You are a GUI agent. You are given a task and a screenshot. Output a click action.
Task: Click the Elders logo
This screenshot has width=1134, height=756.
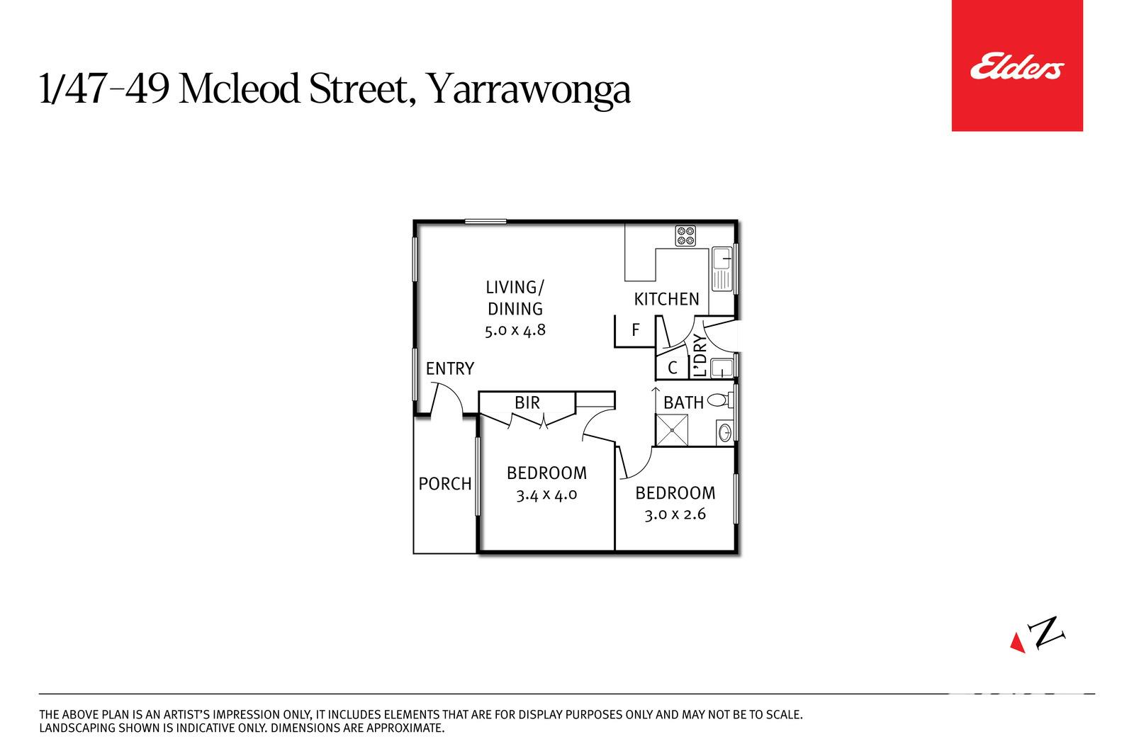[x=1017, y=66]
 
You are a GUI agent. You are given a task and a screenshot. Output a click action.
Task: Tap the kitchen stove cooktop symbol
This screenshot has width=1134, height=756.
[x=685, y=236]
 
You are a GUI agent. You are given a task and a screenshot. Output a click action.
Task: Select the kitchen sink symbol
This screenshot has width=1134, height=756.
[x=722, y=269]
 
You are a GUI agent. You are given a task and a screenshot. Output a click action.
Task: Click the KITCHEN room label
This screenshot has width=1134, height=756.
[x=666, y=299]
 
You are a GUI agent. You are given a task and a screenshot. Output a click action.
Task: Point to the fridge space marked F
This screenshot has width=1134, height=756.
[x=635, y=330]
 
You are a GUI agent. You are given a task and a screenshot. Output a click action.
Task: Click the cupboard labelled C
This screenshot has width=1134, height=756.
[x=673, y=368]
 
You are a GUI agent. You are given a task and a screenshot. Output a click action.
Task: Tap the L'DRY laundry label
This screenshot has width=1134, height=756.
[x=699, y=355]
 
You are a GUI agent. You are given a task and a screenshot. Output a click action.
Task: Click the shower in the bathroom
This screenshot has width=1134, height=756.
[x=672, y=430]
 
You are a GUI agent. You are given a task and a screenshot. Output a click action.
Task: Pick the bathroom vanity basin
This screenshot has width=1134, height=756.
[x=725, y=433]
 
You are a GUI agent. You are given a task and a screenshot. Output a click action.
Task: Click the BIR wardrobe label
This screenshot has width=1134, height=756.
[x=527, y=402]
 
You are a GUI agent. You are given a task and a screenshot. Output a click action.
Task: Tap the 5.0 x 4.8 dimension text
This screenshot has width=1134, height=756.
[x=515, y=330]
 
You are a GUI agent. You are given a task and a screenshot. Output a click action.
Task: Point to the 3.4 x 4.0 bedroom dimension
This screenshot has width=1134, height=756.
[x=546, y=495]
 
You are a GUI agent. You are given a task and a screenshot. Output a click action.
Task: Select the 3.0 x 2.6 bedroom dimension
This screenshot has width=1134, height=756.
[x=675, y=514]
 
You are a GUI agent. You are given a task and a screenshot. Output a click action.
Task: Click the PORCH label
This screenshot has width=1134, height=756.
[x=445, y=484]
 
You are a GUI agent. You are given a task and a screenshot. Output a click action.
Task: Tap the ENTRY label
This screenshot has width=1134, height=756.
[x=449, y=368]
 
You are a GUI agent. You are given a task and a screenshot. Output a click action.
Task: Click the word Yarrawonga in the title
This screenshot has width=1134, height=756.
[x=529, y=90]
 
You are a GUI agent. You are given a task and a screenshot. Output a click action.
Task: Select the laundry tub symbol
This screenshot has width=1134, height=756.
[x=722, y=368]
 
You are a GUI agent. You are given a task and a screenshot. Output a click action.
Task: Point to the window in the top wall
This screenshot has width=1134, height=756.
[x=485, y=221]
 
